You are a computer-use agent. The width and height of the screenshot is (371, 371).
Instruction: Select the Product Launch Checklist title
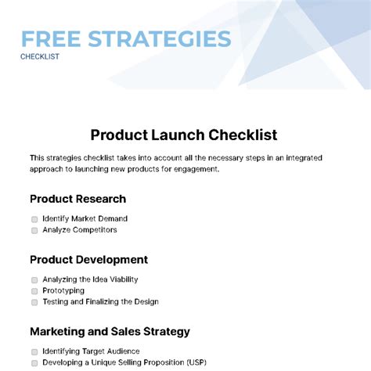[184, 135]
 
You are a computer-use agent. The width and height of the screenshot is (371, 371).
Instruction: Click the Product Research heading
[77, 199]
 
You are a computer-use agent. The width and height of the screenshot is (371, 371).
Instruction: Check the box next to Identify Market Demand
[34, 219]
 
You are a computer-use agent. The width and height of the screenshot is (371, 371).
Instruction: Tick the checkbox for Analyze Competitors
[34, 231]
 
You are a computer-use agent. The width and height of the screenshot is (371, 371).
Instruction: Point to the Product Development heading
[88, 260]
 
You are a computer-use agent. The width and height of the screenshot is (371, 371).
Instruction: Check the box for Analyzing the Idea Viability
[34, 279]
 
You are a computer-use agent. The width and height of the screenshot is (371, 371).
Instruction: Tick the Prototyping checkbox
[34, 290]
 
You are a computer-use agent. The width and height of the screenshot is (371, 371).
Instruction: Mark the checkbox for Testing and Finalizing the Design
[34, 302]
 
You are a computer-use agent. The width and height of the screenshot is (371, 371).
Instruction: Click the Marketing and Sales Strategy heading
[110, 331]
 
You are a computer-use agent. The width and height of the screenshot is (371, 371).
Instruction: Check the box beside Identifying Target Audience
[34, 351]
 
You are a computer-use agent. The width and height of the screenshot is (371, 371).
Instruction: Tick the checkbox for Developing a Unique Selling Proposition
[34, 363]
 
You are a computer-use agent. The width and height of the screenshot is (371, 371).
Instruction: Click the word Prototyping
[63, 290]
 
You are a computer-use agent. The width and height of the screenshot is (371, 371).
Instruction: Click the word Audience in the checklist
[122, 351]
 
